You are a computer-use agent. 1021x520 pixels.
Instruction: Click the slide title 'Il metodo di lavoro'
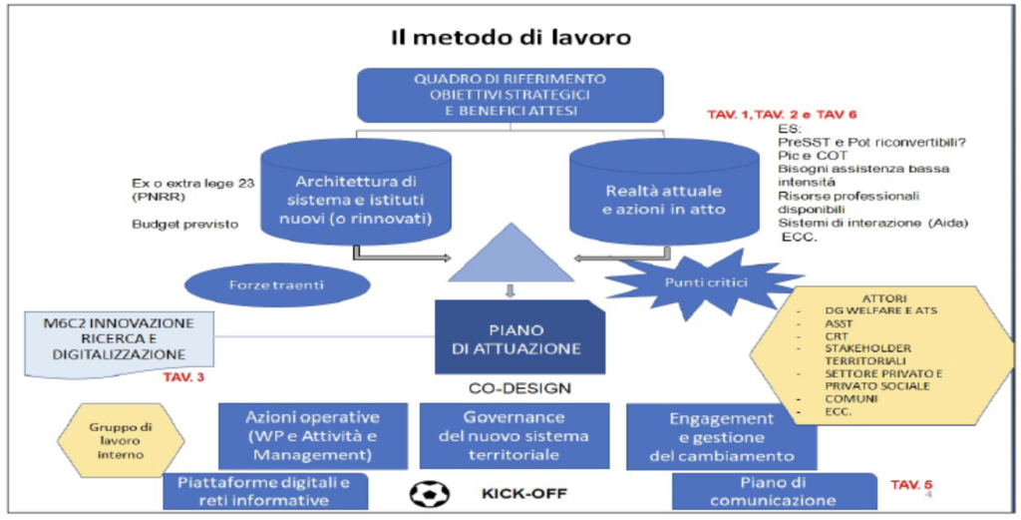(x=510, y=38)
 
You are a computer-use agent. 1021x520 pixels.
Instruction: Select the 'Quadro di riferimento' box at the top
(x=510, y=95)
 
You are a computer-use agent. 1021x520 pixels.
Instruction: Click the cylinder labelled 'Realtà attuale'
(x=662, y=200)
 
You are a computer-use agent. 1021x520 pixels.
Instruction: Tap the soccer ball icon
(x=427, y=493)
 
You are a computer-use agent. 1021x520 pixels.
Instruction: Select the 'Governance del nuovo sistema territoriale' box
(x=513, y=435)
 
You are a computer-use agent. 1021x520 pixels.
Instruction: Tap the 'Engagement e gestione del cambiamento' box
(x=723, y=436)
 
